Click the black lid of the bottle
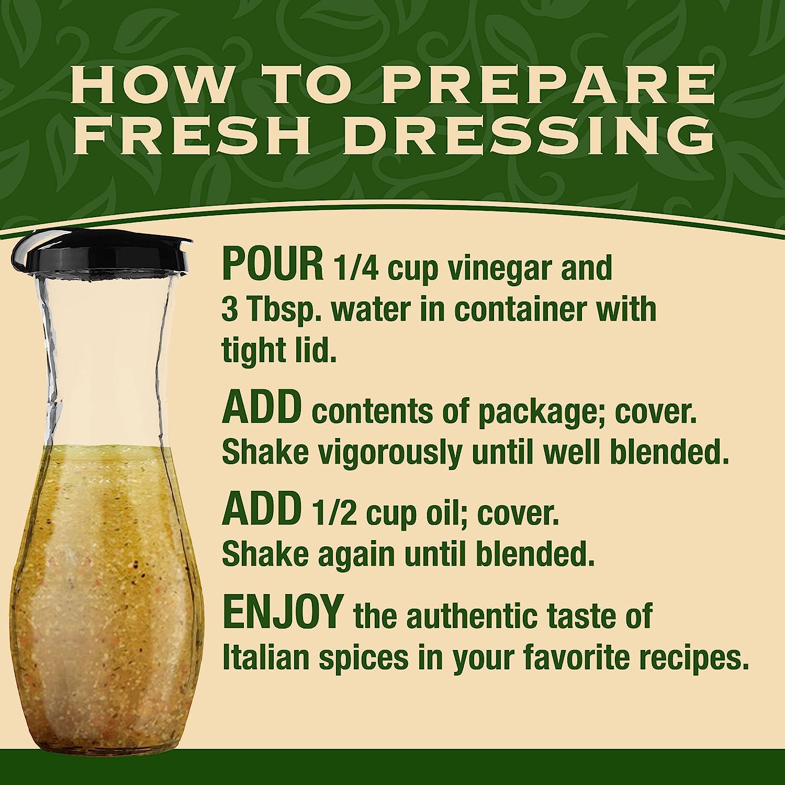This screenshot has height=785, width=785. pos(99,252)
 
